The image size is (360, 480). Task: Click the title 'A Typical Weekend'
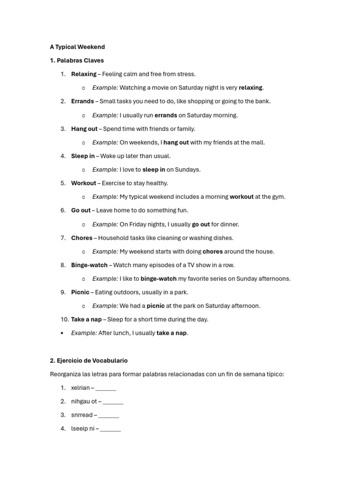point(77,47)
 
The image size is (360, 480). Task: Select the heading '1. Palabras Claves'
point(77,60)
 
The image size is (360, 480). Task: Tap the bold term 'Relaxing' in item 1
point(83,74)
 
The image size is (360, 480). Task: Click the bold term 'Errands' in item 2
point(82,101)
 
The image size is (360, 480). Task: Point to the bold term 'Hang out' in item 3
point(84,129)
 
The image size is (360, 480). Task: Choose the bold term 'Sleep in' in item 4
point(83,156)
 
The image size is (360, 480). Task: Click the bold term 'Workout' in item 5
point(83,183)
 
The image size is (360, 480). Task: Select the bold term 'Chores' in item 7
point(82,238)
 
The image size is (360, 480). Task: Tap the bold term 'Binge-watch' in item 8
point(89,265)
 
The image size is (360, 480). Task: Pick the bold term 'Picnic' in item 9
point(80,292)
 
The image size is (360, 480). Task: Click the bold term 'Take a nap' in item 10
point(86,320)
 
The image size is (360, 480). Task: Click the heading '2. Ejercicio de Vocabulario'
point(89,361)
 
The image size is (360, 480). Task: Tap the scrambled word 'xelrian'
point(80,388)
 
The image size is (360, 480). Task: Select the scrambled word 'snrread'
point(82,415)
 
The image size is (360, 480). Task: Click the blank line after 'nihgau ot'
point(113,402)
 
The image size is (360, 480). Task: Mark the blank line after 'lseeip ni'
point(110,429)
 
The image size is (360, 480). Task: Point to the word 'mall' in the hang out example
point(258,142)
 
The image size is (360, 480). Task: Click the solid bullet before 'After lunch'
point(62,333)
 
